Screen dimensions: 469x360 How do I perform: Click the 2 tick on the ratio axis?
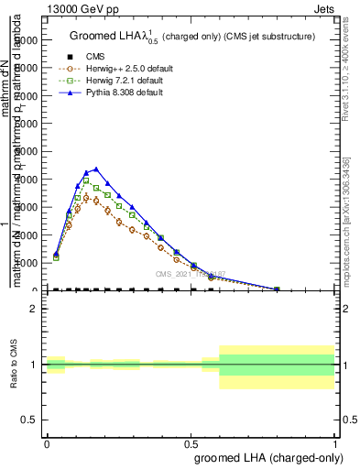coord(34,310)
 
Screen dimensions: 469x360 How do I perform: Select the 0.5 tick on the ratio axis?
coord(30,420)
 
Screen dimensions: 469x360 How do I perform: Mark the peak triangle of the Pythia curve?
coord(96,169)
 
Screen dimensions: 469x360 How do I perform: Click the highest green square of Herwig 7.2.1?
coord(86,180)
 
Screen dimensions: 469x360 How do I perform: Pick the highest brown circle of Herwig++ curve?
coord(86,197)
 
